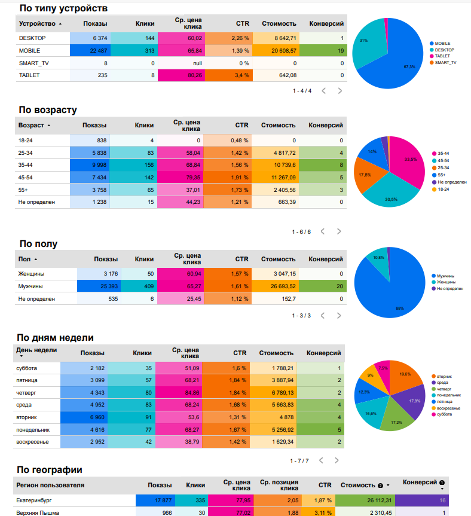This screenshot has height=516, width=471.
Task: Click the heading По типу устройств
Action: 63,8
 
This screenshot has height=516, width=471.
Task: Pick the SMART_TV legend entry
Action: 445,62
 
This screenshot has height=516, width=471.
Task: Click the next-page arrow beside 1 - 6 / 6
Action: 339,231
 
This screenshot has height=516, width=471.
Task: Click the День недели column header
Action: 36,350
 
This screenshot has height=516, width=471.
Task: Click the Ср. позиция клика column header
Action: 279,485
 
